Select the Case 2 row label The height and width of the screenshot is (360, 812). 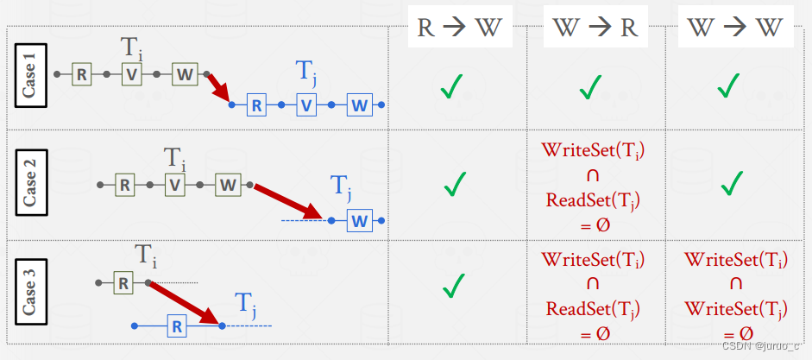pos(30,184)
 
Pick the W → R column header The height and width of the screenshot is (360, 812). pos(595,27)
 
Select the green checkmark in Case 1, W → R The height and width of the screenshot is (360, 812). pos(591,86)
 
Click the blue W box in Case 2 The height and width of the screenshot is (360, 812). pos(359,221)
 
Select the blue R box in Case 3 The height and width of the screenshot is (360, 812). pos(176,326)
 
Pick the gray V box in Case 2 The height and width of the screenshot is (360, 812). pos(176,184)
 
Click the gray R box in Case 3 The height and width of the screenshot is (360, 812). pos(123,282)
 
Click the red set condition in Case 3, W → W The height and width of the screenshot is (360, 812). pos(735,296)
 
